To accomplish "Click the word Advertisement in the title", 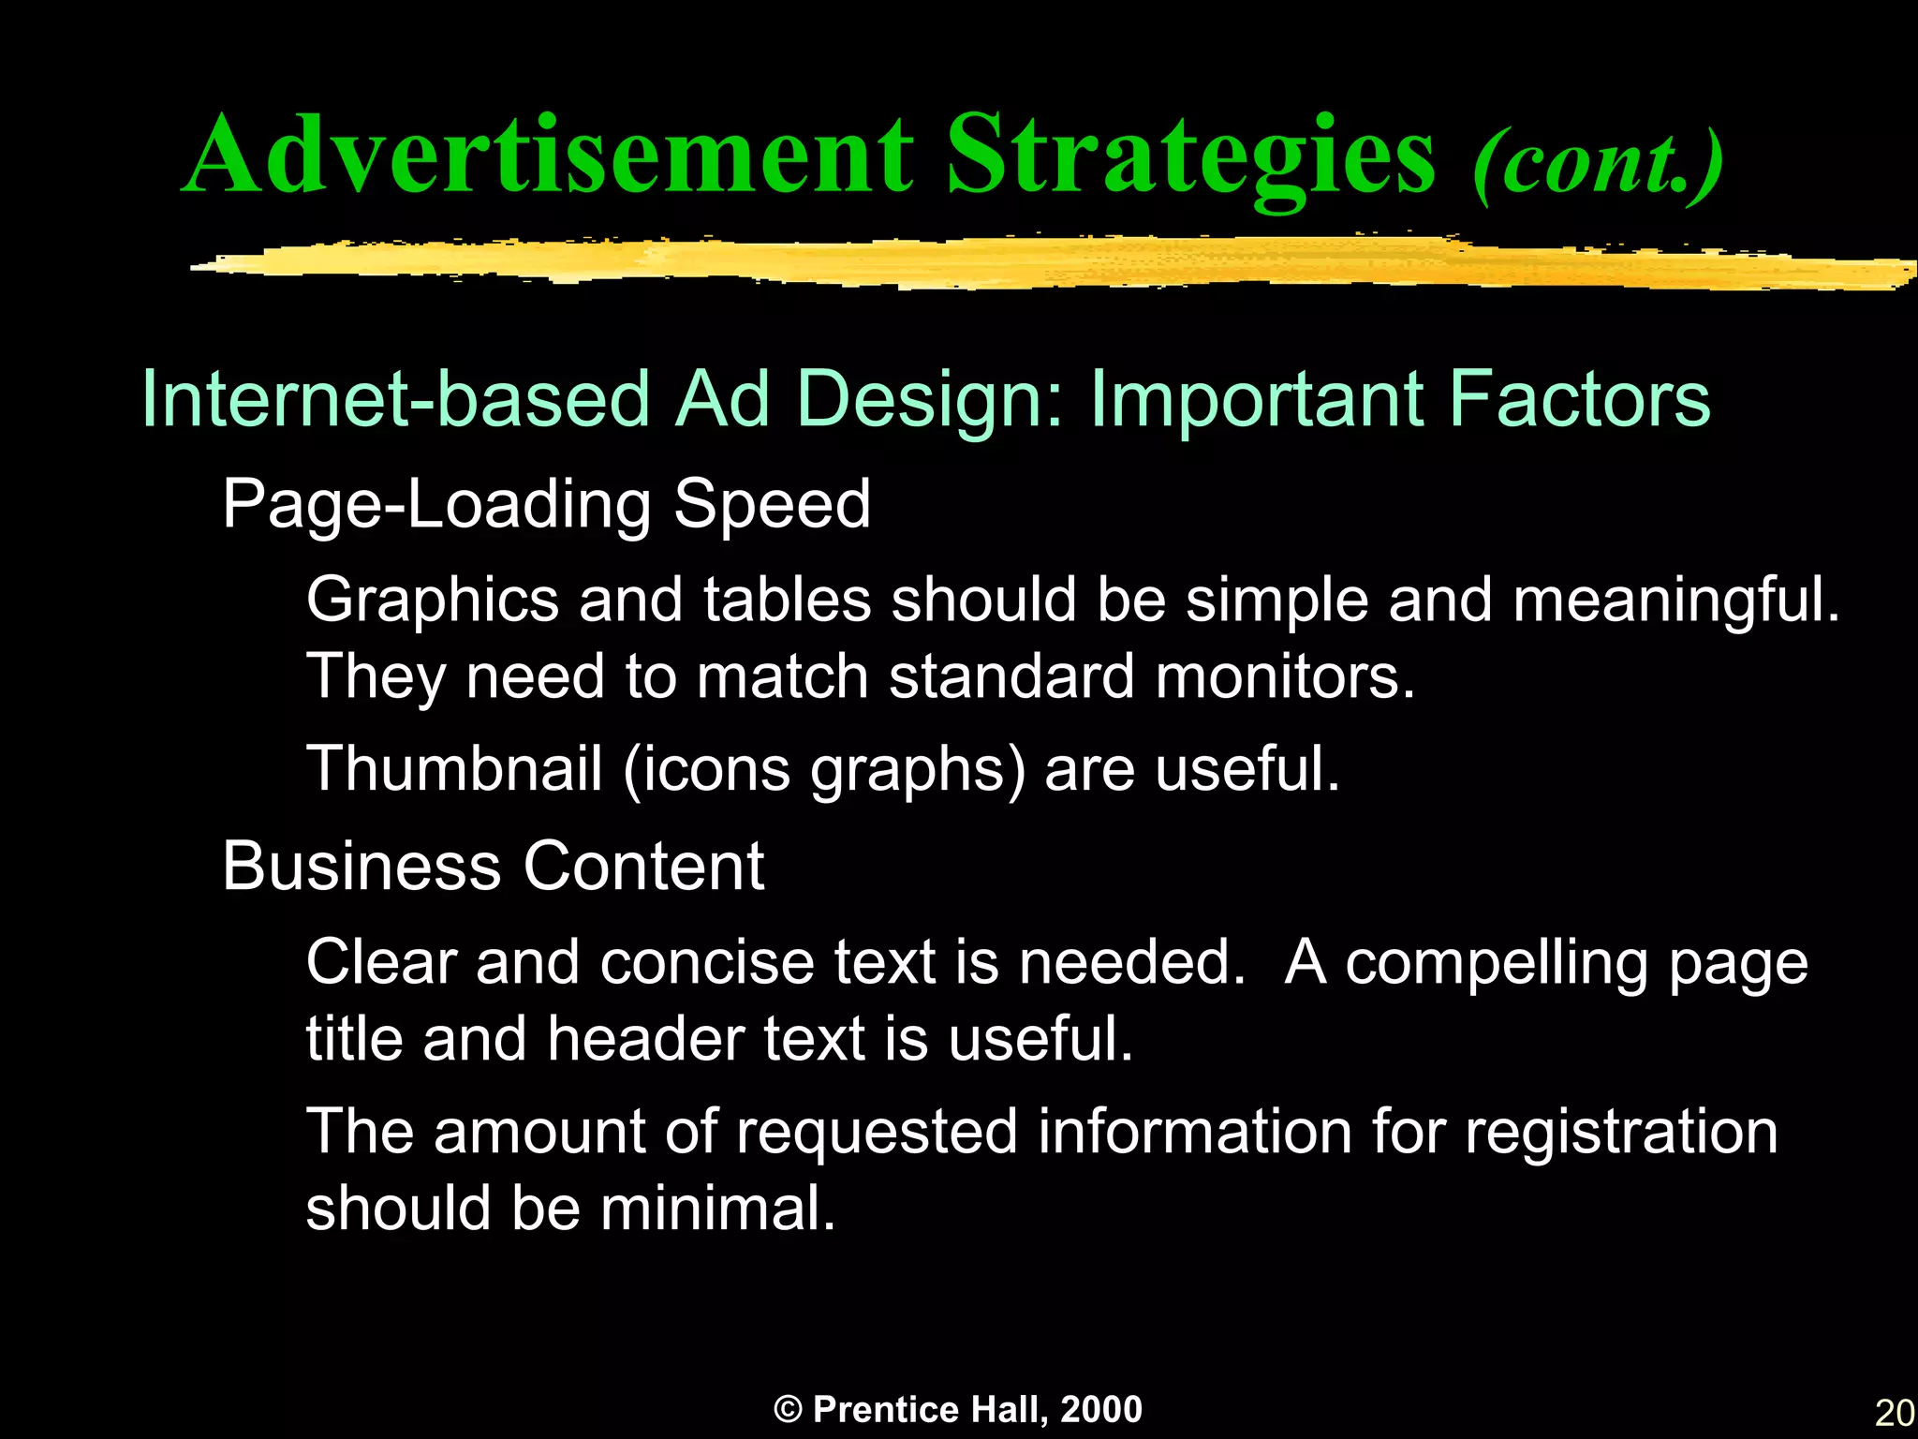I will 548,155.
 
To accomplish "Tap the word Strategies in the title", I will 1190,155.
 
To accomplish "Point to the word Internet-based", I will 394,398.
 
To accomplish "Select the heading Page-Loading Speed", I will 546,504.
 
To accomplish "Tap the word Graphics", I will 433,600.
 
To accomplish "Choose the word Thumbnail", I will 454,768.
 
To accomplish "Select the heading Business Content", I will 494,866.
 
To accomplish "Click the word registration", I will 1621,1132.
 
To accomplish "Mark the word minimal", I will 716,1209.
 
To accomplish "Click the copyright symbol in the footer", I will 789,1410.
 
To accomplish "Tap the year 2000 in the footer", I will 1101,1410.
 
